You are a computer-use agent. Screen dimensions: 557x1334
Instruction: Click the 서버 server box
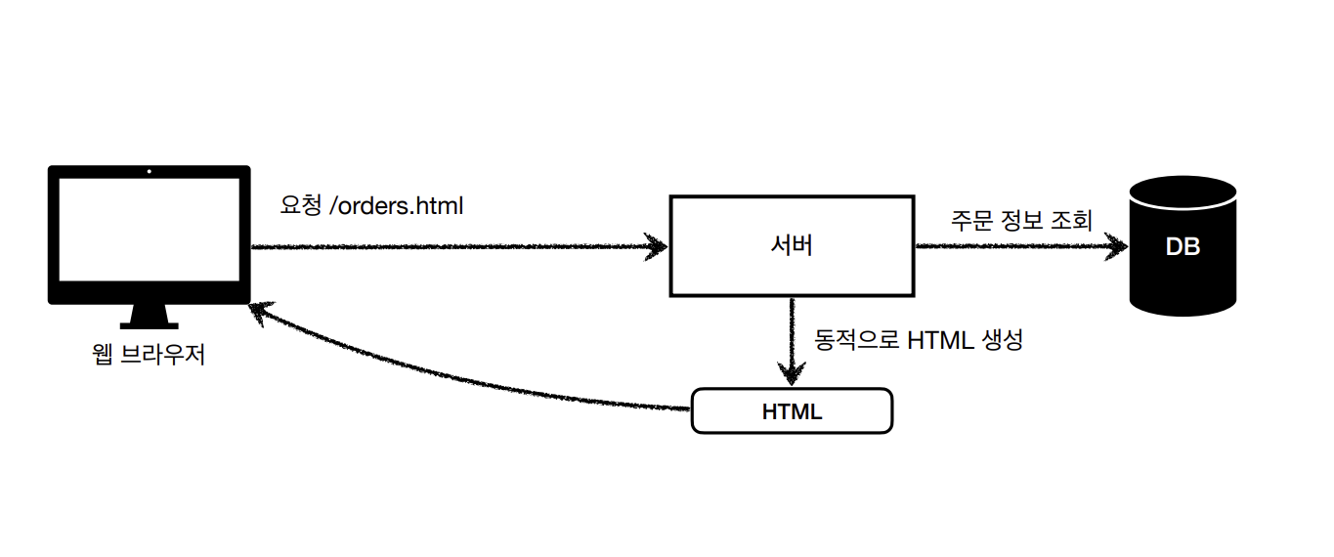(x=792, y=246)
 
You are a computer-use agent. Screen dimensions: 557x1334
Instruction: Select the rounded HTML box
(x=792, y=411)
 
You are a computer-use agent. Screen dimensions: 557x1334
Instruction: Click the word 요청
(x=300, y=207)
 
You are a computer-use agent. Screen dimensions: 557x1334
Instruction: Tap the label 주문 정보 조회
(x=1020, y=219)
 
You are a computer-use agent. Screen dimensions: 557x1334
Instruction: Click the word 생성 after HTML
(x=1001, y=341)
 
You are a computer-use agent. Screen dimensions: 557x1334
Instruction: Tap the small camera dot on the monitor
(x=149, y=173)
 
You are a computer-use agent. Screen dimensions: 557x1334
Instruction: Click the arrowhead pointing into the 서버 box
(x=655, y=246)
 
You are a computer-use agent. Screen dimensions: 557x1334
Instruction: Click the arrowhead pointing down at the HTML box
(x=792, y=375)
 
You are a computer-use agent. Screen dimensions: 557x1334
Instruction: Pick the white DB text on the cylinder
(x=1183, y=247)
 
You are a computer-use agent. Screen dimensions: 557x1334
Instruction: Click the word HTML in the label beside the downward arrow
(x=940, y=341)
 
